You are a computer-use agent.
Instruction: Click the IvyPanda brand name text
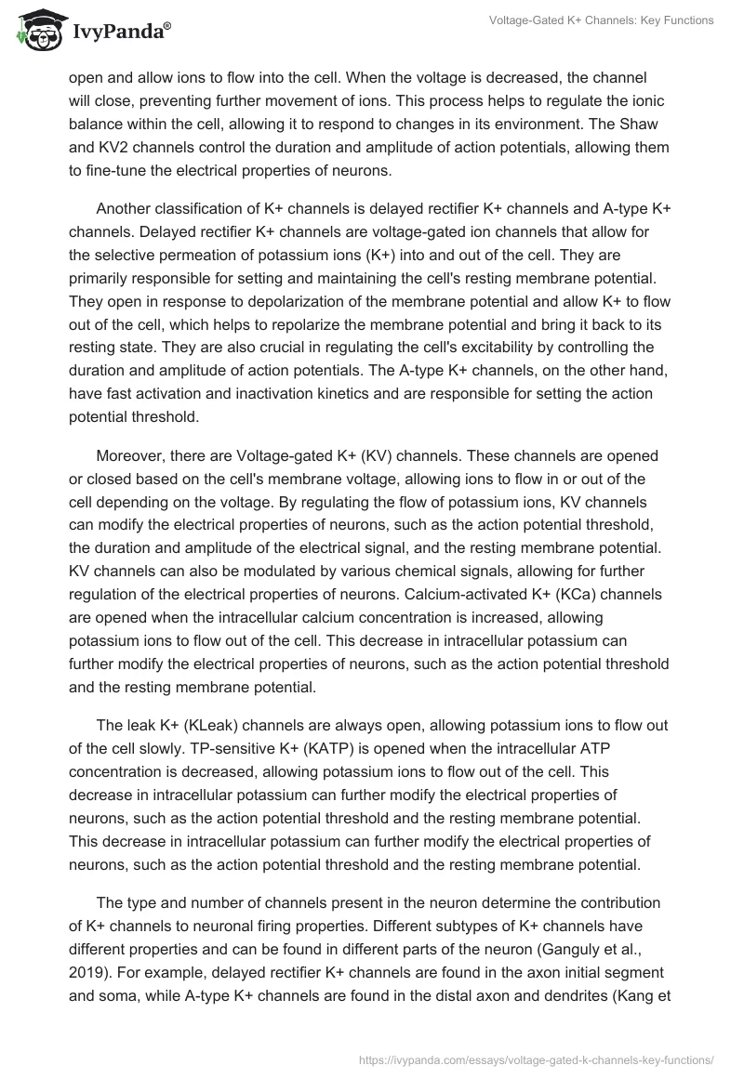[x=120, y=33]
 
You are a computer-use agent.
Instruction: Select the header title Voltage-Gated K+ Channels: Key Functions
[x=601, y=20]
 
